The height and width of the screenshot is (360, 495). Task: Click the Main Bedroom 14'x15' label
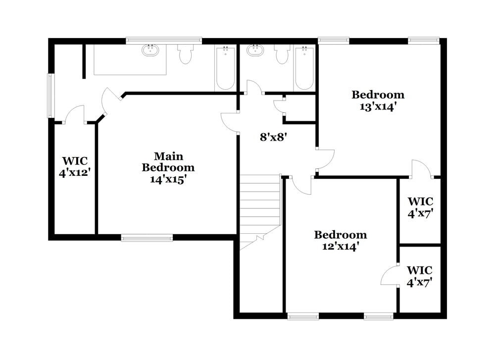point(168,168)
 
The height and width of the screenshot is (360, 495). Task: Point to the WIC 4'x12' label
point(75,167)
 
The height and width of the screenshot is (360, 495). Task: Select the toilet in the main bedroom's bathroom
point(185,54)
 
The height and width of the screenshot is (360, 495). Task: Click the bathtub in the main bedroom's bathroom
point(225,68)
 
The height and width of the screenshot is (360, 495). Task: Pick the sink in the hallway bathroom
point(255,50)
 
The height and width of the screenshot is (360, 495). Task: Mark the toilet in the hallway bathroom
point(282,54)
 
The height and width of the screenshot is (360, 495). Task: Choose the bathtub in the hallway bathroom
point(304,68)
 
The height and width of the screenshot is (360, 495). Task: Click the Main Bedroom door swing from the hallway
point(230,122)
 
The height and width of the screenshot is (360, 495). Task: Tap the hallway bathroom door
point(254,87)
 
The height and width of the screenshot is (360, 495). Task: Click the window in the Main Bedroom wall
point(147,238)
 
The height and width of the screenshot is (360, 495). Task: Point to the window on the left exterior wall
point(50,96)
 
